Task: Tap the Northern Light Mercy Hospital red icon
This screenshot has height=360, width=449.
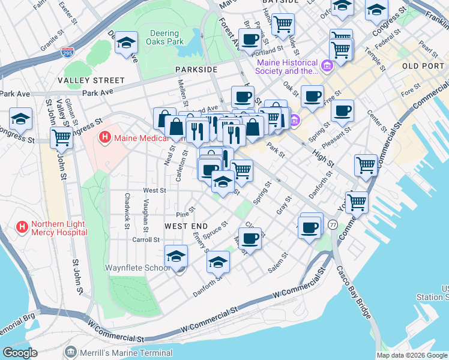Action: click(22, 227)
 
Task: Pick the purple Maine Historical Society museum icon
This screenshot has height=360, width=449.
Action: click(327, 65)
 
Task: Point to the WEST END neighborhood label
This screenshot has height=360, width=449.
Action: click(186, 226)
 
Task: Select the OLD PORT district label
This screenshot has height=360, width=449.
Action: click(423, 65)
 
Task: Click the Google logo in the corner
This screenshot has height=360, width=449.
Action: click(20, 353)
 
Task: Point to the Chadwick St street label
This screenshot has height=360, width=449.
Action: click(127, 211)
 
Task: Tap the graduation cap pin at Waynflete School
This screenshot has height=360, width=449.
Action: click(176, 256)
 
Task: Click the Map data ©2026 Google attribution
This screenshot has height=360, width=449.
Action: click(412, 355)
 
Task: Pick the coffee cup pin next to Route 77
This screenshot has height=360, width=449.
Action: click(310, 228)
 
